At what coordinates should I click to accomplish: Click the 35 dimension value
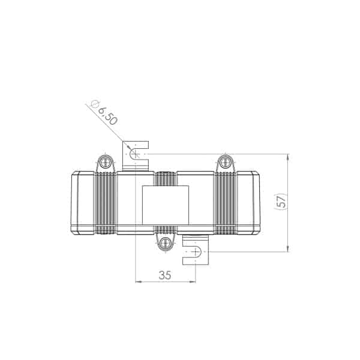click(165, 275)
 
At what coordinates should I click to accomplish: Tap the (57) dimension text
click(281, 201)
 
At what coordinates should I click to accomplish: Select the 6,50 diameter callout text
click(108, 116)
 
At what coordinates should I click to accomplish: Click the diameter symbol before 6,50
click(95, 104)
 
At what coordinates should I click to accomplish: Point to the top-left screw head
click(106, 163)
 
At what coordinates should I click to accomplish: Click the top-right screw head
click(225, 163)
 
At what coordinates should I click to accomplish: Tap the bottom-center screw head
click(166, 243)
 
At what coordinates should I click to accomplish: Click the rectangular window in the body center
click(166, 205)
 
